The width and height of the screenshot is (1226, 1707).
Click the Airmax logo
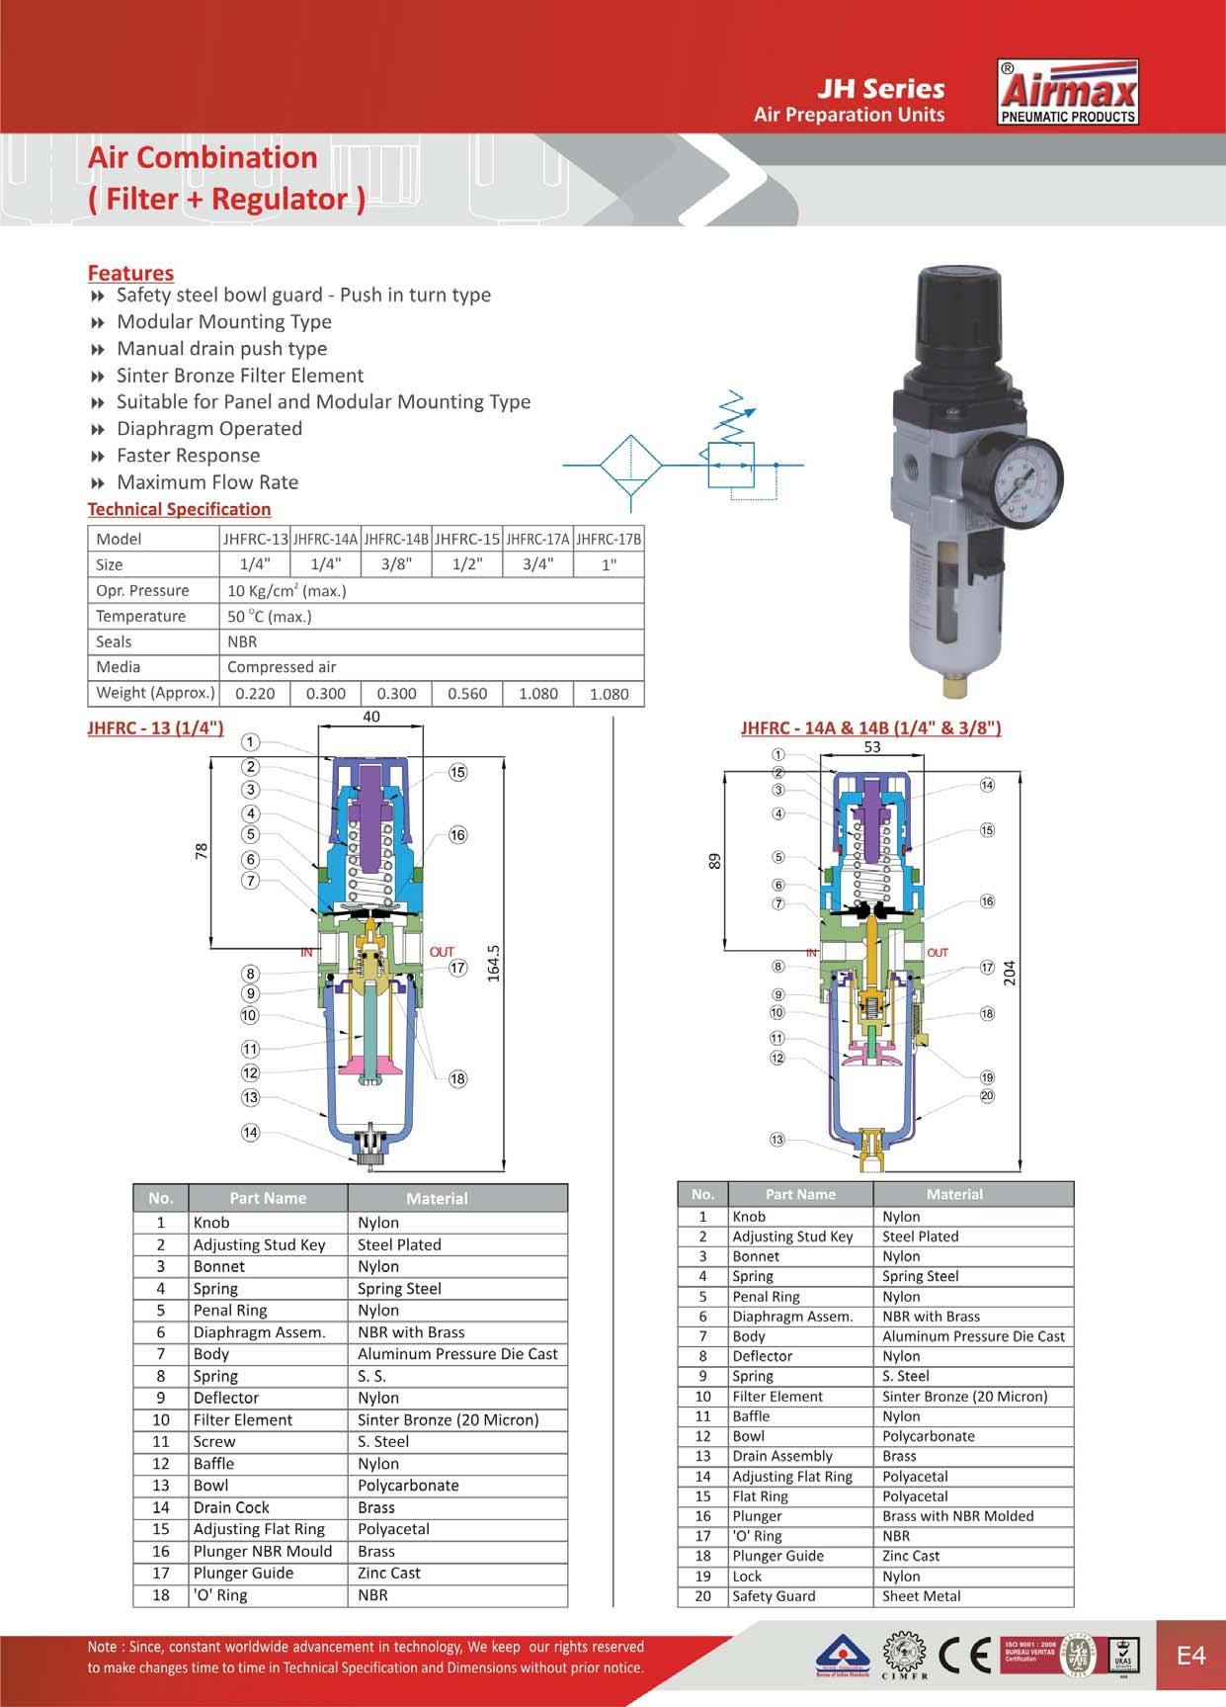click(x=1068, y=93)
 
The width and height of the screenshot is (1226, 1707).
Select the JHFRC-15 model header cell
click(x=467, y=539)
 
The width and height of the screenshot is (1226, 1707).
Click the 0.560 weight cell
click(x=467, y=694)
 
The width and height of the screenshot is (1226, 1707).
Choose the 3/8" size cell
click(x=396, y=564)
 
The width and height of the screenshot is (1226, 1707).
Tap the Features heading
click(x=130, y=273)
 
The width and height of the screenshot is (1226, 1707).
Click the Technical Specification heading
click(x=179, y=509)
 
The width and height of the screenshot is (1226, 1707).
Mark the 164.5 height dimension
click(x=494, y=963)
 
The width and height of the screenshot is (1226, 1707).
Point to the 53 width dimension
click(x=872, y=747)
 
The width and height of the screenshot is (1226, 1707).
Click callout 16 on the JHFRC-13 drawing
click(x=457, y=835)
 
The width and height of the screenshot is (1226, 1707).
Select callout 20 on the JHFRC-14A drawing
click(x=987, y=1095)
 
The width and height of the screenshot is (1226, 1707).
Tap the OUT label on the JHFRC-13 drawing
click(x=442, y=952)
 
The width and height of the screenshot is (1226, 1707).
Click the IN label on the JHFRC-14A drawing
click(x=812, y=953)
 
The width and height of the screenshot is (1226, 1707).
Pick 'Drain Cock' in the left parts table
click(x=231, y=1507)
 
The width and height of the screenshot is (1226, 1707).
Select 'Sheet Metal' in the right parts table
click(x=921, y=1595)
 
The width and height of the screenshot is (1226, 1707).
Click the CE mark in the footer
click(x=963, y=1655)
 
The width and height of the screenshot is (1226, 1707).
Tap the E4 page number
click(x=1191, y=1656)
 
